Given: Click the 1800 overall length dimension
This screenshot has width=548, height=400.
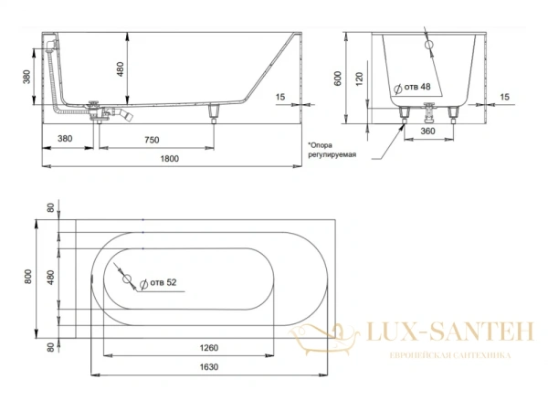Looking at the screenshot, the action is coord(170,159).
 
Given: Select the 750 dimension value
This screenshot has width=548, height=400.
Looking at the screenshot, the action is coord(152,140).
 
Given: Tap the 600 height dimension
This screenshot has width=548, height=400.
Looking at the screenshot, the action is coord(338,79).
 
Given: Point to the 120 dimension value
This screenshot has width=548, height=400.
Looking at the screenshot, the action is coord(359,79).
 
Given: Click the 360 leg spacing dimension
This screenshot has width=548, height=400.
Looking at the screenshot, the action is coord(427,131).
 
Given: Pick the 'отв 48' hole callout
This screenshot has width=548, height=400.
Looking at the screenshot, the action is coord(413,88).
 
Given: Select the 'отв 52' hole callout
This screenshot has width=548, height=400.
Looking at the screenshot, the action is coord(158,283).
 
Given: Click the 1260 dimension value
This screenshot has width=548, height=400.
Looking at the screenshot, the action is coord(209,348).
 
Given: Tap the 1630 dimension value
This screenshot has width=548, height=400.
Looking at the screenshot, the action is coord(209,367).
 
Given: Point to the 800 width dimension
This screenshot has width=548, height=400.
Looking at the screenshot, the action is coord(28,277).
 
